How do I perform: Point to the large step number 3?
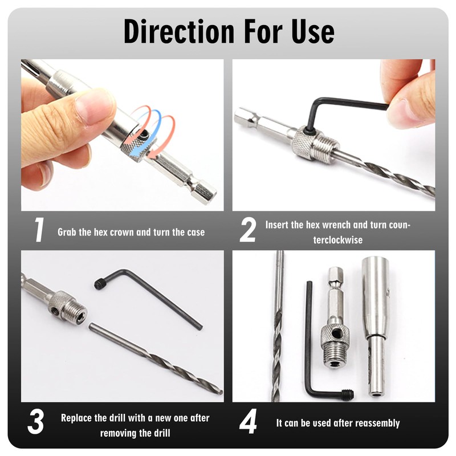[x=36, y=422]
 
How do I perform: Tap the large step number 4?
[x=248, y=422]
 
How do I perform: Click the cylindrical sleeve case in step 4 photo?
[x=375, y=325]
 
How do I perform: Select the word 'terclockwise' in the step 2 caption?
[x=337, y=239]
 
